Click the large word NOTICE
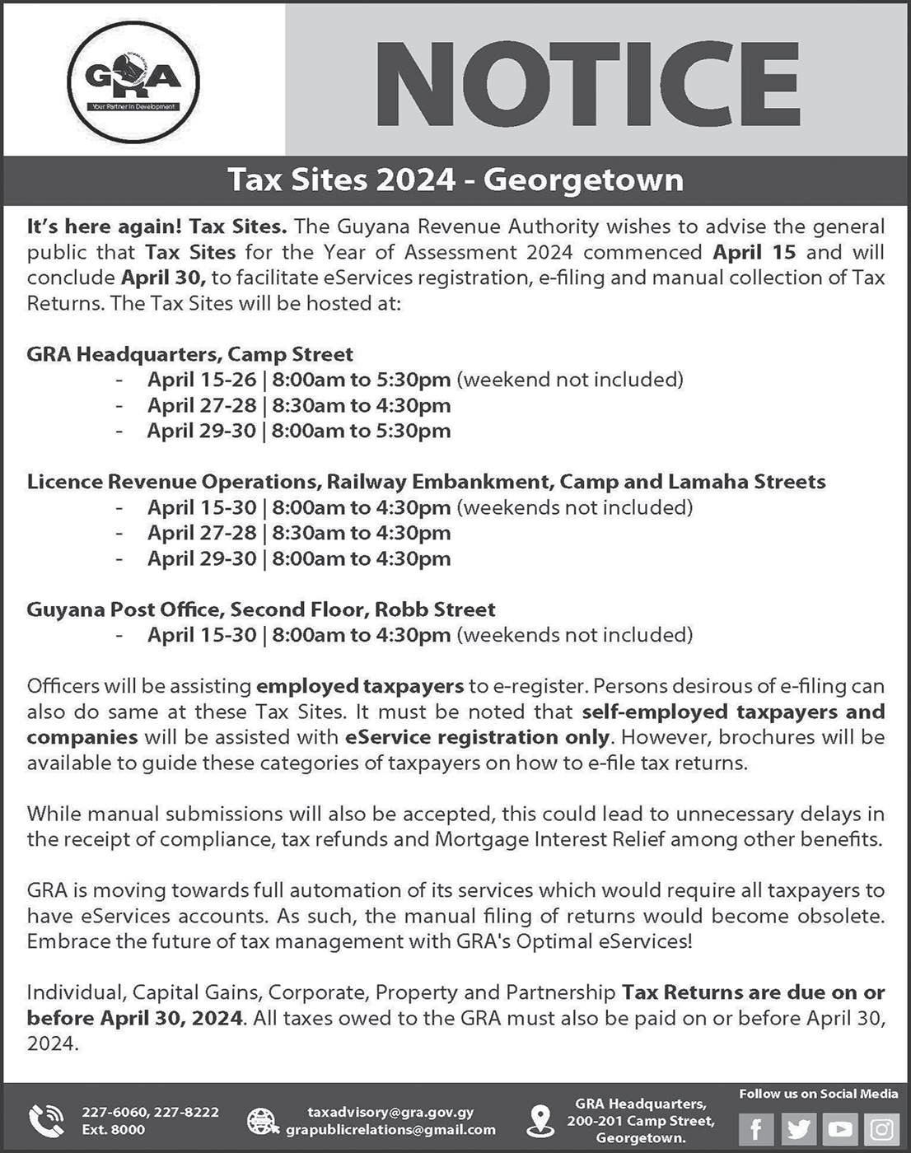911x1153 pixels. [x=592, y=80]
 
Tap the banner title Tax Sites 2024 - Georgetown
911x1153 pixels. [x=455, y=180]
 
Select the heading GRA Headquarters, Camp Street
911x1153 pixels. [x=190, y=354]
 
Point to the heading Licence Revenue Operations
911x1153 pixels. [x=426, y=482]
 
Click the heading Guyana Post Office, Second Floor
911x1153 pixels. [x=261, y=609]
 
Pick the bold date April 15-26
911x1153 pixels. [x=202, y=380]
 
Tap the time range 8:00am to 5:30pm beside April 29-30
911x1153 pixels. [x=361, y=431]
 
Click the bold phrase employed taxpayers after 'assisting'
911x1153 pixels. [x=360, y=686]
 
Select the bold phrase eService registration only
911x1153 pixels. [x=478, y=736]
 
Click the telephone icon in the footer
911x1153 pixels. [x=46, y=1120]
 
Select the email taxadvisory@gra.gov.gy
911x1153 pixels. [x=390, y=1113]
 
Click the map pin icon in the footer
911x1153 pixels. [x=540, y=1120]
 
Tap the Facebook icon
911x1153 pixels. [x=755, y=1128]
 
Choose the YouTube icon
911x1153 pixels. [x=839, y=1128]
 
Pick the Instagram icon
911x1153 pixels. [x=881, y=1128]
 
